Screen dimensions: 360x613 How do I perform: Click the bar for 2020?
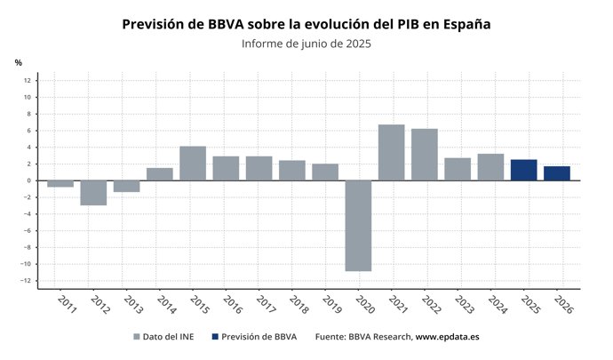coord(358,225)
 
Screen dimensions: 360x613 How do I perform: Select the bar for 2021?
coord(391,152)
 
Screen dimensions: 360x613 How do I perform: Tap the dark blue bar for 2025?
coord(523,170)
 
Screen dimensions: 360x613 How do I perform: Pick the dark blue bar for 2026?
coord(556,173)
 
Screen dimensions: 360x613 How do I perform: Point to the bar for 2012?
coord(93,193)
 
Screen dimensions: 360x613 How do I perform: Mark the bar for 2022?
coord(424,155)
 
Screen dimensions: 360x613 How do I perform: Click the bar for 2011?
coord(60,184)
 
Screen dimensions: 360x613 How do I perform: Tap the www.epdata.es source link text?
coord(448,337)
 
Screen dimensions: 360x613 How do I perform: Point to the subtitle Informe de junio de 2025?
coord(306,44)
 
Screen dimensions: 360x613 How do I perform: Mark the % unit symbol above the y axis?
coord(18,62)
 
